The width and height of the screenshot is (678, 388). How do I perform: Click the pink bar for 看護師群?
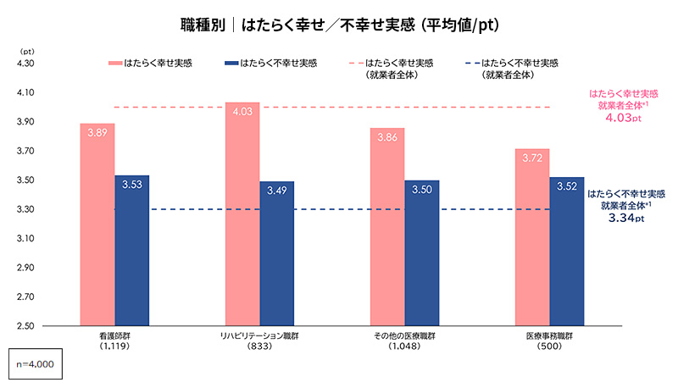[97, 224]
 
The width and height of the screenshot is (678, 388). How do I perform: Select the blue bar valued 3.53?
[132, 250]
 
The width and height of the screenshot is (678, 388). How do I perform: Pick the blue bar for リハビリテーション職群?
[277, 253]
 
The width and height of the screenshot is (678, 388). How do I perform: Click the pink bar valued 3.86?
[386, 226]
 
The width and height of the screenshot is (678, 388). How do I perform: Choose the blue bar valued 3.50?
[421, 252]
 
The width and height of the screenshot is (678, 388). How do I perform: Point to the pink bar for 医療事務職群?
[532, 236]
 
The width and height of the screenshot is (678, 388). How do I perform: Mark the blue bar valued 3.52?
[566, 251]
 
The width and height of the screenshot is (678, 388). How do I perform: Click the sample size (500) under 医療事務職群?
[548, 346]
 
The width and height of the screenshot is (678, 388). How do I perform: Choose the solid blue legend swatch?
[229, 63]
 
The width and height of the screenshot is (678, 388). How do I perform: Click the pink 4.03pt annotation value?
[623, 119]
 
